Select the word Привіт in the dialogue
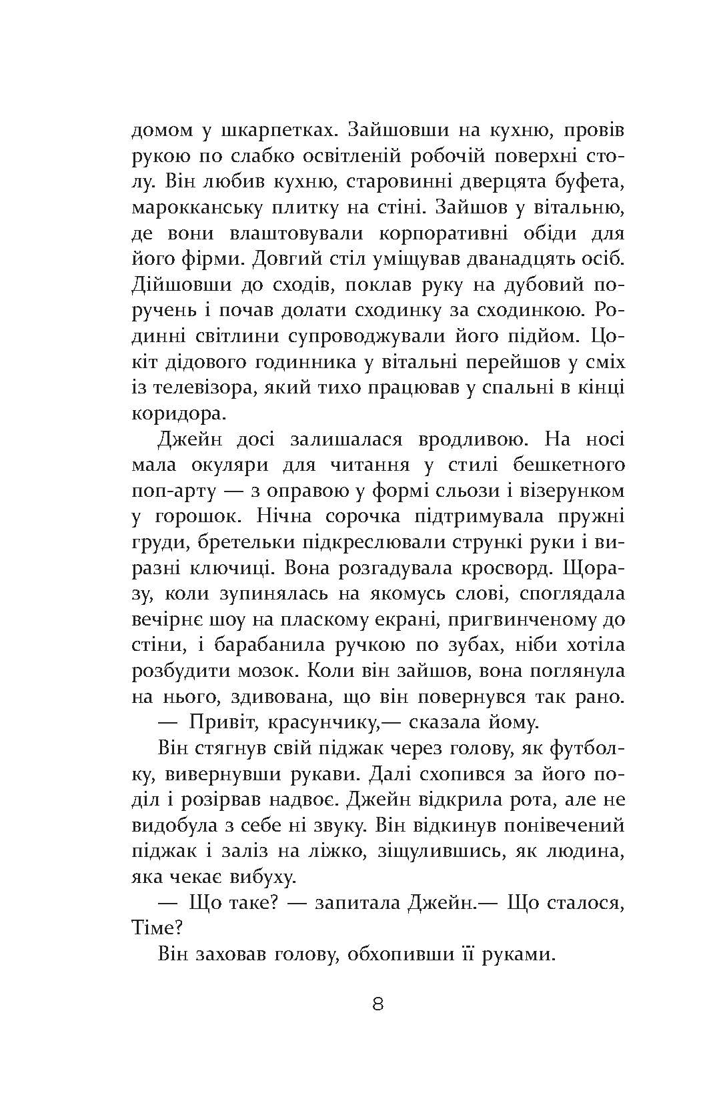(225, 723)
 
